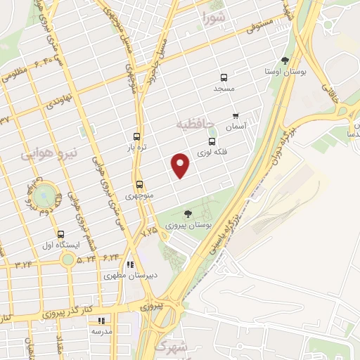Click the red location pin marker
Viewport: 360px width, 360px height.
click(181, 165)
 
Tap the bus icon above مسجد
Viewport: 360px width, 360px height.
click(224, 78)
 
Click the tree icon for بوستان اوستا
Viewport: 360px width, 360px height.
click(284, 61)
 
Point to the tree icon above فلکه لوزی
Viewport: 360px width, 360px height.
click(212, 131)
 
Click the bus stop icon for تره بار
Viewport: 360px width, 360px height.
click(137, 137)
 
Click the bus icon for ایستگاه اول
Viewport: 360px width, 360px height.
click(60, 235)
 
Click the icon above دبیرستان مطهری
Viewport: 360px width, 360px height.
click(130, 264)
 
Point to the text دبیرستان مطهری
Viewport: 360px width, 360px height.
click(129, 276)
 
